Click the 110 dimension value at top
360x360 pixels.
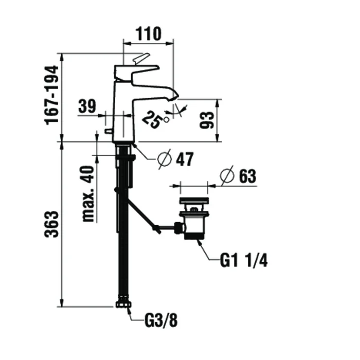click(x=148, y=34)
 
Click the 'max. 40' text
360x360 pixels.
click(x=88, y=193)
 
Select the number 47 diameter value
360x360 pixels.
click(x=184, y=159)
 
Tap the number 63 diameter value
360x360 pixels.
click(x=246, y=176)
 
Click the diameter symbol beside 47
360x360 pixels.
click(x=164, y=159)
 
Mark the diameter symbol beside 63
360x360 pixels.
click(x=227, y=176)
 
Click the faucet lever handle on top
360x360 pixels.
click(x=140, y=59)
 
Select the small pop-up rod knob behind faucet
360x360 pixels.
click(x=109, y=132)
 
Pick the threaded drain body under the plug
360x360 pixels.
click(x=193, y=226)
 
